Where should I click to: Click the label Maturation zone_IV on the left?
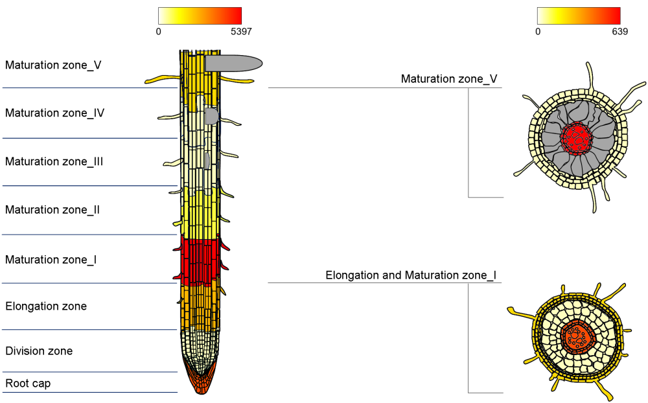point(54,113)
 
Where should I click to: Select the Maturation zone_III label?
point(54,162)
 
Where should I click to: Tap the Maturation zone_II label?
point(52,210)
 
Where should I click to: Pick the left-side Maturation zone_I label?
point(51,260)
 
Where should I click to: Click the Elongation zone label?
point(45,306)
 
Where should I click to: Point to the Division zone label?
point(39,351)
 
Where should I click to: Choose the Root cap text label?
point(28,384)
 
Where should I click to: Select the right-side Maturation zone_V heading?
point(449,79)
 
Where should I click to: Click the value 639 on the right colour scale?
point(619,31)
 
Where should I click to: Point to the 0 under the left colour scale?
point(159,31)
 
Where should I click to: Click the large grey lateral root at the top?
point(233,63)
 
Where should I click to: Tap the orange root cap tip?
point(200,382)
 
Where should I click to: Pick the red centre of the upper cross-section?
point(575,137)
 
